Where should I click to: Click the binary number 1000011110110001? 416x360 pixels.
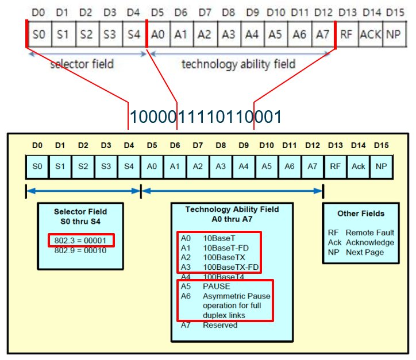[205, 117]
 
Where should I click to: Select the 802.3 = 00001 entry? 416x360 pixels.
[80, 240]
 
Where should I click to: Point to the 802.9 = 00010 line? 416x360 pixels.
[80, 250]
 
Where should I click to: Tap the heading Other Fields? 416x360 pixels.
[361, 214]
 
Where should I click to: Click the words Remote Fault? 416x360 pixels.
[369, 233]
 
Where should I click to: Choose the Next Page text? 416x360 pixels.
[365, 252]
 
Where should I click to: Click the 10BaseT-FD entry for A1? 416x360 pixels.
[224, 247]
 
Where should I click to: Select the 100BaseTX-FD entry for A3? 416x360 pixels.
[229, 267]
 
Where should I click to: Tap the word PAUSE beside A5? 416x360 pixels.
[216, 286]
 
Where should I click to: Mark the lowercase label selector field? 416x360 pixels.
[82, 64]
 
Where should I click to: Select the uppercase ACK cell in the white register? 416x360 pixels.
[370, 34]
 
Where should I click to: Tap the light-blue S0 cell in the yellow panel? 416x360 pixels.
[37, 166]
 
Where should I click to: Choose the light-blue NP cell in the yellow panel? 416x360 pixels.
[381, 166]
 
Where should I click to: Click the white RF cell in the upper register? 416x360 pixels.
[346, 34]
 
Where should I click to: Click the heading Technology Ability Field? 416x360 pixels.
[232, 209]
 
